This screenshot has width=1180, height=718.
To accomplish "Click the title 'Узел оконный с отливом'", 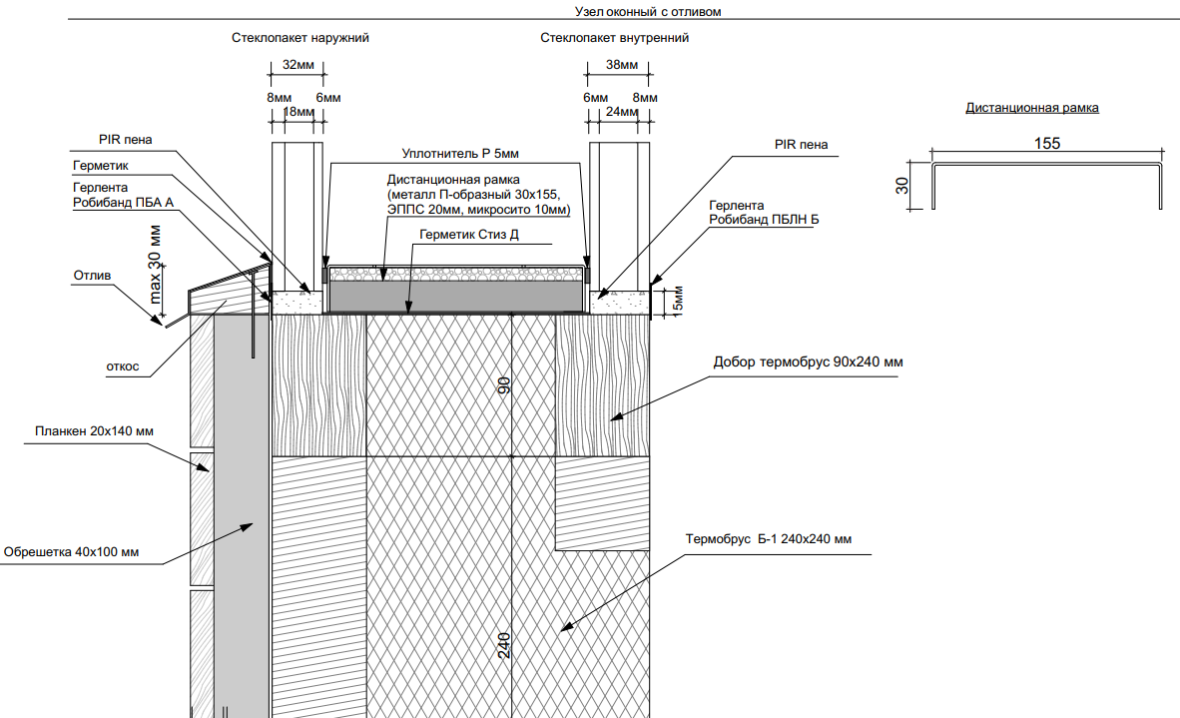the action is point(648,11).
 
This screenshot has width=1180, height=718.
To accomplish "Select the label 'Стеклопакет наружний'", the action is point(300,38).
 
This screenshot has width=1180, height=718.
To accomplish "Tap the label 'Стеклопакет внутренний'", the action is point(614,38).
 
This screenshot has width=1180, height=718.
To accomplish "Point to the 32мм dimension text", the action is point(298,65).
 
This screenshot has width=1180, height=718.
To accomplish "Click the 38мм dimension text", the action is point(622,65).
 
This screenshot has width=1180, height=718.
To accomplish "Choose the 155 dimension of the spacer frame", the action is point(1047,143).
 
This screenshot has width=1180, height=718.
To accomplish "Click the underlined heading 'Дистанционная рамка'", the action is point(1031,108).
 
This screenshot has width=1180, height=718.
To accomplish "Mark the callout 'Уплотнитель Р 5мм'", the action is point(460,154).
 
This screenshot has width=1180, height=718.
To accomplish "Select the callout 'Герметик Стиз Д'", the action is point(469,235).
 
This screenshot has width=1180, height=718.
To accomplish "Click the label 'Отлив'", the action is point(92,276).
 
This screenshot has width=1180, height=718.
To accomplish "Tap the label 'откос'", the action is point(123,366).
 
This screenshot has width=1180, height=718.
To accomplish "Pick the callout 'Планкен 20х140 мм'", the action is point(94,431).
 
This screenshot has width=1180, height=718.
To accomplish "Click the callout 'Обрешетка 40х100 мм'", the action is point(71,552).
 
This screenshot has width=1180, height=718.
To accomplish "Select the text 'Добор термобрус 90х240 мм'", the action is point(809,362).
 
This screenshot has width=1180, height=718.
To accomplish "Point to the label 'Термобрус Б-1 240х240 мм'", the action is point(769,539).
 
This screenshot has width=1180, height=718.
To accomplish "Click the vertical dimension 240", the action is point(504,645).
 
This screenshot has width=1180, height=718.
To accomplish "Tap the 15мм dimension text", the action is point(677,302).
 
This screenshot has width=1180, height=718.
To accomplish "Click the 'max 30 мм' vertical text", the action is point(155,265).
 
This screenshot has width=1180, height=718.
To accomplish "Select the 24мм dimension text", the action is point(622,112).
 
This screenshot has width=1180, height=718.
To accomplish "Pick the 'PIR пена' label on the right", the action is point(801,145).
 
